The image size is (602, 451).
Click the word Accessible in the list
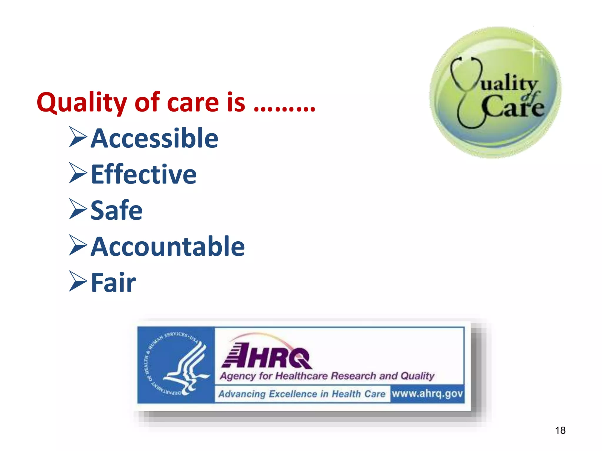coord(155,138)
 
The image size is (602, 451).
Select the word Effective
coord(144,174)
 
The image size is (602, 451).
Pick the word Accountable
coord(168,247)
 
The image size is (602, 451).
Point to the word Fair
coord(113,282)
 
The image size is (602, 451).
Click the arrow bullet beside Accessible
coord(78,137)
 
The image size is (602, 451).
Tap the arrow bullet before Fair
coord(78,281)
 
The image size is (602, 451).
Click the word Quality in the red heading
coord(82,103)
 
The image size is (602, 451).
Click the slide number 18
coord(560,430)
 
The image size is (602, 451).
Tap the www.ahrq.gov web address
coord(427,393)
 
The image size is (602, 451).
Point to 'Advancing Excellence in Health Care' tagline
coord(302,394)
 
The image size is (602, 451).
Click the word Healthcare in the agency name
coord(301,376)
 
